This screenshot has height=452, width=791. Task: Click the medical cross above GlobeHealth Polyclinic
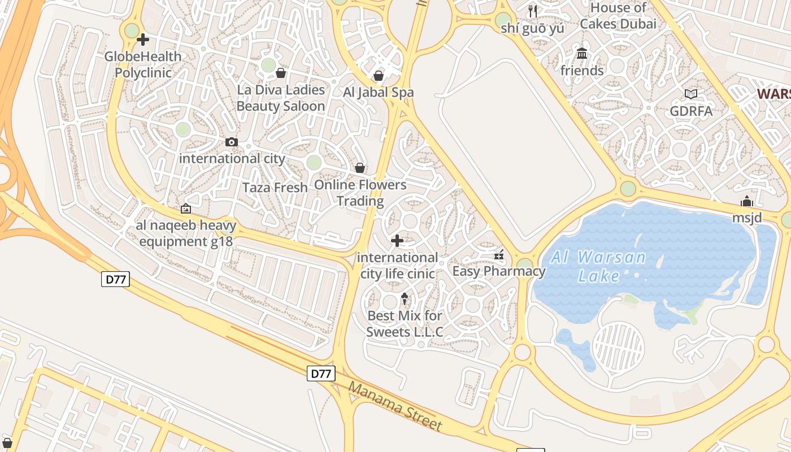143,40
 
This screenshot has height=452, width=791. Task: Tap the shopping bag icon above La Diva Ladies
281,73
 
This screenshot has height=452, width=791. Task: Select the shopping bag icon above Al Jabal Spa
379,76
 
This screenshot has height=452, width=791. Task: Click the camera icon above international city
232,142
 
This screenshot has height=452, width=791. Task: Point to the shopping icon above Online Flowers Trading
360,168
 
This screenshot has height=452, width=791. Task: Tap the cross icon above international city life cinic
397,241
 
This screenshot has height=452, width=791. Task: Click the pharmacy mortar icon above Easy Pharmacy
499,255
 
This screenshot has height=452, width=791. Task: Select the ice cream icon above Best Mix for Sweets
405,299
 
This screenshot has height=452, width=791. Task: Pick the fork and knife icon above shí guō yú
533,11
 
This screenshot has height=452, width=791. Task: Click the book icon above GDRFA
691,94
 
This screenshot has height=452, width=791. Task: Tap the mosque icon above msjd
747,202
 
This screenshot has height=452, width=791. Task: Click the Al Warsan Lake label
598,266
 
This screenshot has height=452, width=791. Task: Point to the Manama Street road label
395,406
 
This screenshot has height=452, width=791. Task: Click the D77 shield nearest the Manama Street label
321,373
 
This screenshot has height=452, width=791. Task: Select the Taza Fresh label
275,188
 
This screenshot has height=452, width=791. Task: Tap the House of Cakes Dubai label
618,16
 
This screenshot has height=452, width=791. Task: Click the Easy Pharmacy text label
499,271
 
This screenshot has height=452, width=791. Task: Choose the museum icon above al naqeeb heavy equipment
186,208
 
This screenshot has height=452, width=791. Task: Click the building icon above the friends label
582,54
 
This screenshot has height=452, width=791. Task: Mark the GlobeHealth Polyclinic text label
143,64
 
